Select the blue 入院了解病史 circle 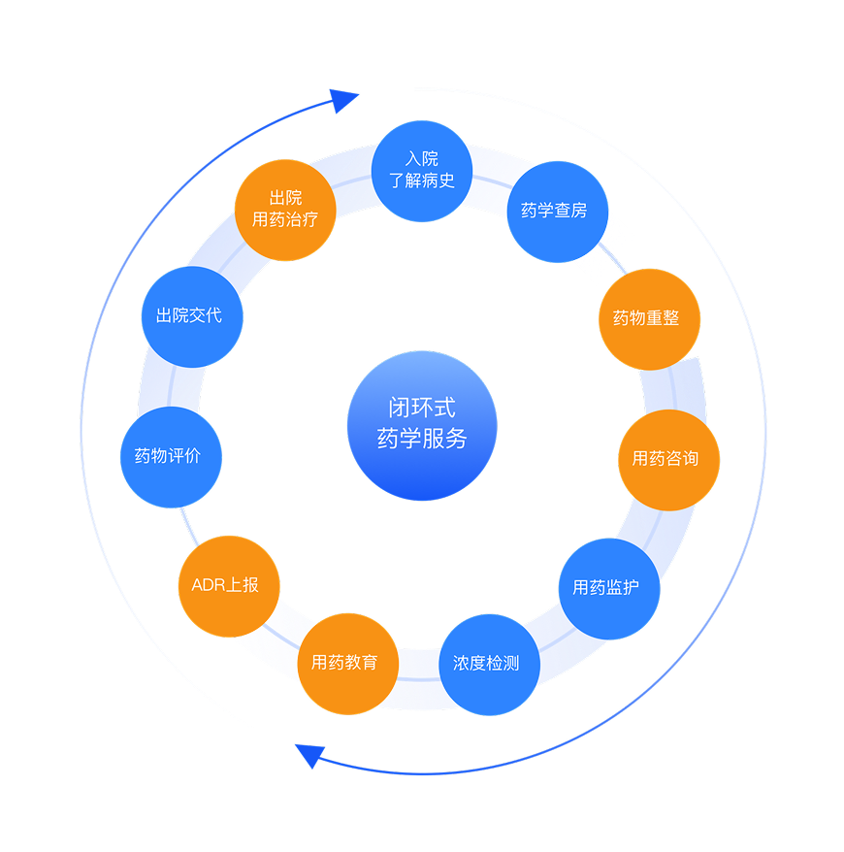(422, 170)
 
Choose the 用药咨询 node (668, 459)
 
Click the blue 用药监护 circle (609, 588)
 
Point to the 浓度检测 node (489, 665)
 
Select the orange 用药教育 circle (347, 664)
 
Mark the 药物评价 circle (171, 456)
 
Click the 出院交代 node (191, 316)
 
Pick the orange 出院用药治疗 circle (285, 210)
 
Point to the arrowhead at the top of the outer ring (344, 99)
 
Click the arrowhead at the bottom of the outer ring (309, 754)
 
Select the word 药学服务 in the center (422, 440)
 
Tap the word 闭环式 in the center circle (422, 409)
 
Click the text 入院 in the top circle (422, 158)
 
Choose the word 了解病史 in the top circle (422, 180)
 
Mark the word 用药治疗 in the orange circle (285, 220)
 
